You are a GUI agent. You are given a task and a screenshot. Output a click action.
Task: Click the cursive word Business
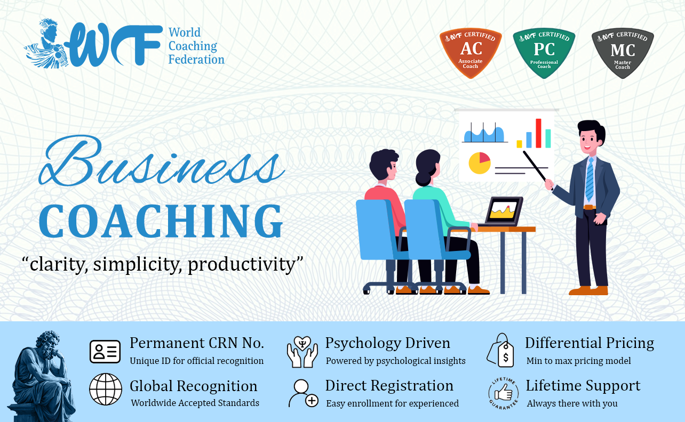[x=162, y=161]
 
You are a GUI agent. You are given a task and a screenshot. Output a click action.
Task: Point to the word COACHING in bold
[x=161, y=221]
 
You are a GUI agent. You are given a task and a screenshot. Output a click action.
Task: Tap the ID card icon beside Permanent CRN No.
[x=105, y=352]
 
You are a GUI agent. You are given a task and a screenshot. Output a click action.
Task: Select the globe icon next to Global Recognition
[x=106, y=389]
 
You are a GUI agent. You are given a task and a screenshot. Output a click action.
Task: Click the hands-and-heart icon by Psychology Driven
[x=302, y=352]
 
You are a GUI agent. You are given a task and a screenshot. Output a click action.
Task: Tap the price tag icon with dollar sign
[x=500, y=350]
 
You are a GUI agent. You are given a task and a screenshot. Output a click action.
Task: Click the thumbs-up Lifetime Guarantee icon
[x=504, y=393]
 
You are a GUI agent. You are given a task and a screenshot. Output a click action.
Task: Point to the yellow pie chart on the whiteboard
[x=480, y=163]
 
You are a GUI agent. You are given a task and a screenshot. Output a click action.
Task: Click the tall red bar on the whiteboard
[x=538, y=133]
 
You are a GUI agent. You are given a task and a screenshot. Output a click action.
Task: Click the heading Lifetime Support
[x=583, y=385]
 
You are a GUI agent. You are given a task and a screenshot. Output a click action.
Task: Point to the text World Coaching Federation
[x=196, y=46]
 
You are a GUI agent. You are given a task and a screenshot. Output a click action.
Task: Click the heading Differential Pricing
[x=590, y=343]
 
